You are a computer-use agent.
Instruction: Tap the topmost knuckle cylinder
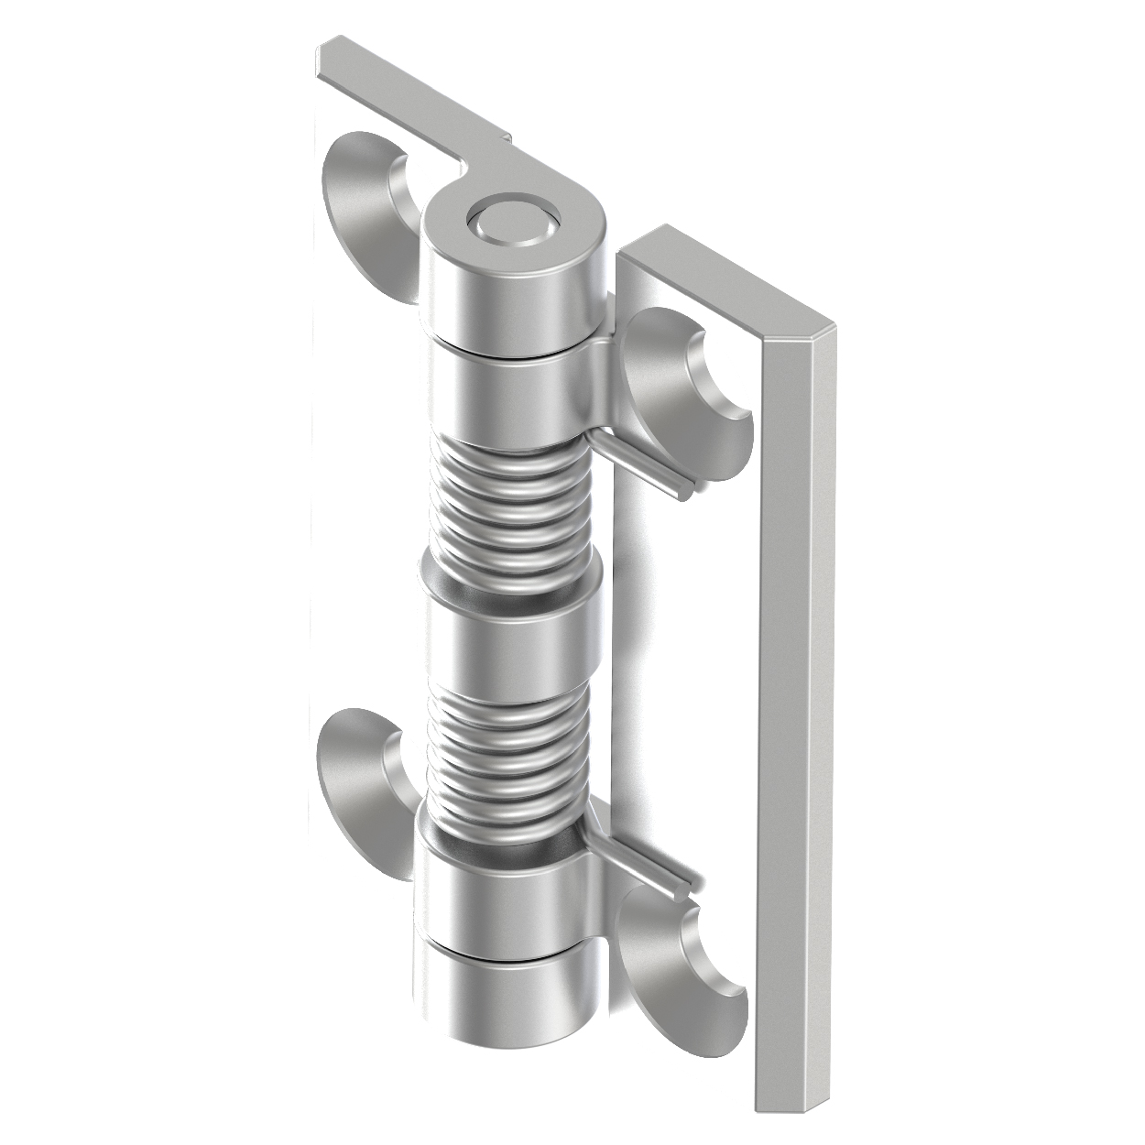(x=513, y=293)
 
